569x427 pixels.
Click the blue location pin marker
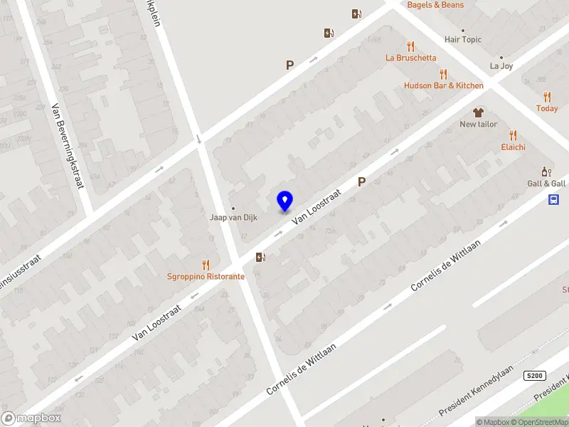click(284, 201)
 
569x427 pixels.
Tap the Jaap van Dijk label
click(233, 217)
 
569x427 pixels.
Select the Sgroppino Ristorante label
click(206, 276)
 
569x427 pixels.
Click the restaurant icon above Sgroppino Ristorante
click(206, 264)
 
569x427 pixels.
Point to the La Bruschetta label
click(410, 58)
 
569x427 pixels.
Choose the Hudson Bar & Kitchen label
click(443, 85)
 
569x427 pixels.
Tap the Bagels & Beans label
click(435, 5)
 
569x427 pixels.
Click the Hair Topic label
click(462, 40)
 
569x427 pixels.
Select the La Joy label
click(501, 66)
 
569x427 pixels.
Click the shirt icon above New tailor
click(478, 112)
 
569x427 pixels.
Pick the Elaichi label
click(512, 147)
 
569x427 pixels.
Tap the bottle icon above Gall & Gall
click(546, 172)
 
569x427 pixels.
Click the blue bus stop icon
click(554, 200)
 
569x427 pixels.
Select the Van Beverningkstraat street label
click(68, 146)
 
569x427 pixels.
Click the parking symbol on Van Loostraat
click(361, 182)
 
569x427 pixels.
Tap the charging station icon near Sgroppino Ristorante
click(262, 257)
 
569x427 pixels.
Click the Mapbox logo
click(31, 418)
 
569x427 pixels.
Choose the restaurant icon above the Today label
click(547, 97)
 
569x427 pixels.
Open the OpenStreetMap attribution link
click(540, 422)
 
